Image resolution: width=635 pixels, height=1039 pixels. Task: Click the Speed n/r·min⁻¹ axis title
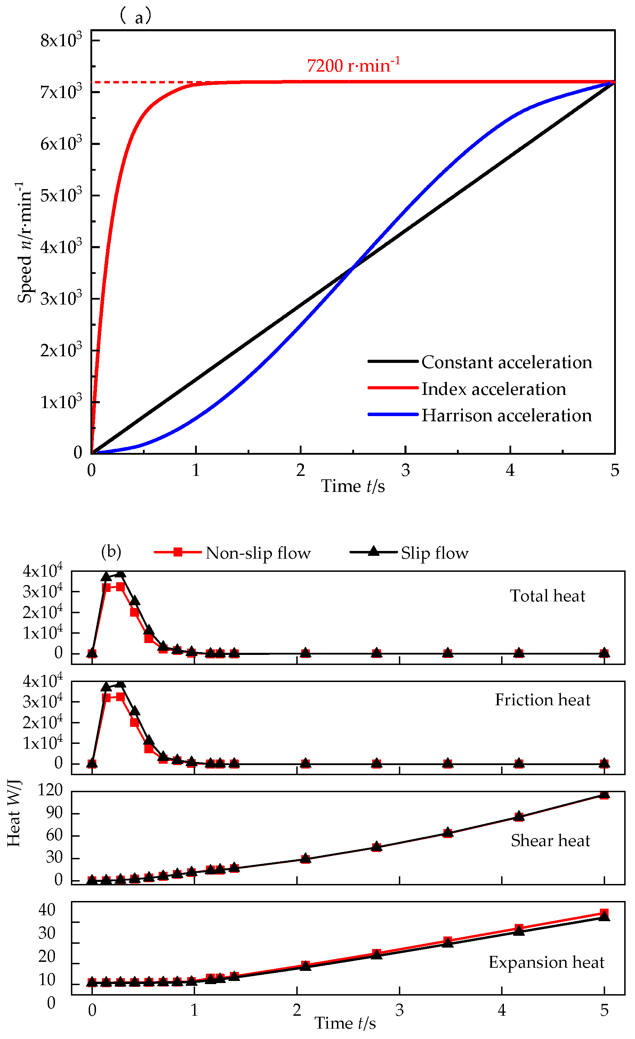point(24,243)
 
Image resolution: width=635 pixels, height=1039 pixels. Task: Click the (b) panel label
point(111,552)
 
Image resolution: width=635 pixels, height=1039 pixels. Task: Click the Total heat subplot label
point(547,596)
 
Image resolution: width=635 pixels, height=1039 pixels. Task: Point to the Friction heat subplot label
point(542,700)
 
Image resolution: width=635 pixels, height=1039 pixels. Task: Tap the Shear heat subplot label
point(550,841)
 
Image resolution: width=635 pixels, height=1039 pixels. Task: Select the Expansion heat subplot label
point(546,963)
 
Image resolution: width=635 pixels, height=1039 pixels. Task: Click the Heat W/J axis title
point(14,814)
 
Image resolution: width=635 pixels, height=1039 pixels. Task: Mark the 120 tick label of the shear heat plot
point(50,790)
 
